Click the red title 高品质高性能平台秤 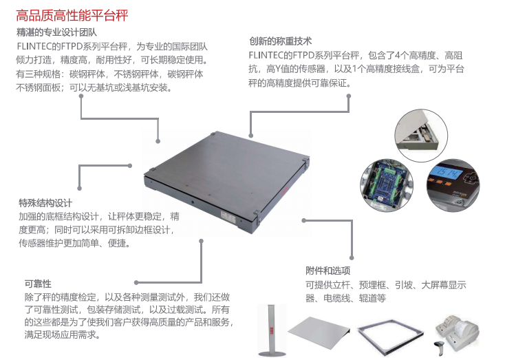pos(72,15)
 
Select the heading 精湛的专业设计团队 pos(56,32)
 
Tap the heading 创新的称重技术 pos(280,41)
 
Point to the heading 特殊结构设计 pos(45,203)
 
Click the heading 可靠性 pos(38,284)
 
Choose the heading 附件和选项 pos(328,271)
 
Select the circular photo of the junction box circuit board pos(387,184)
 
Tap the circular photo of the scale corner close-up pos(421,136)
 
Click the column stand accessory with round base pos(272,330)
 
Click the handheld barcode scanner pos(440,348)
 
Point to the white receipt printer pos(458,331)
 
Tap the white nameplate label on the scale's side pos(228,216)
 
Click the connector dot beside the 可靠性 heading pos(136,283)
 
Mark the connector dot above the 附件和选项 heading pos(352,258)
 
